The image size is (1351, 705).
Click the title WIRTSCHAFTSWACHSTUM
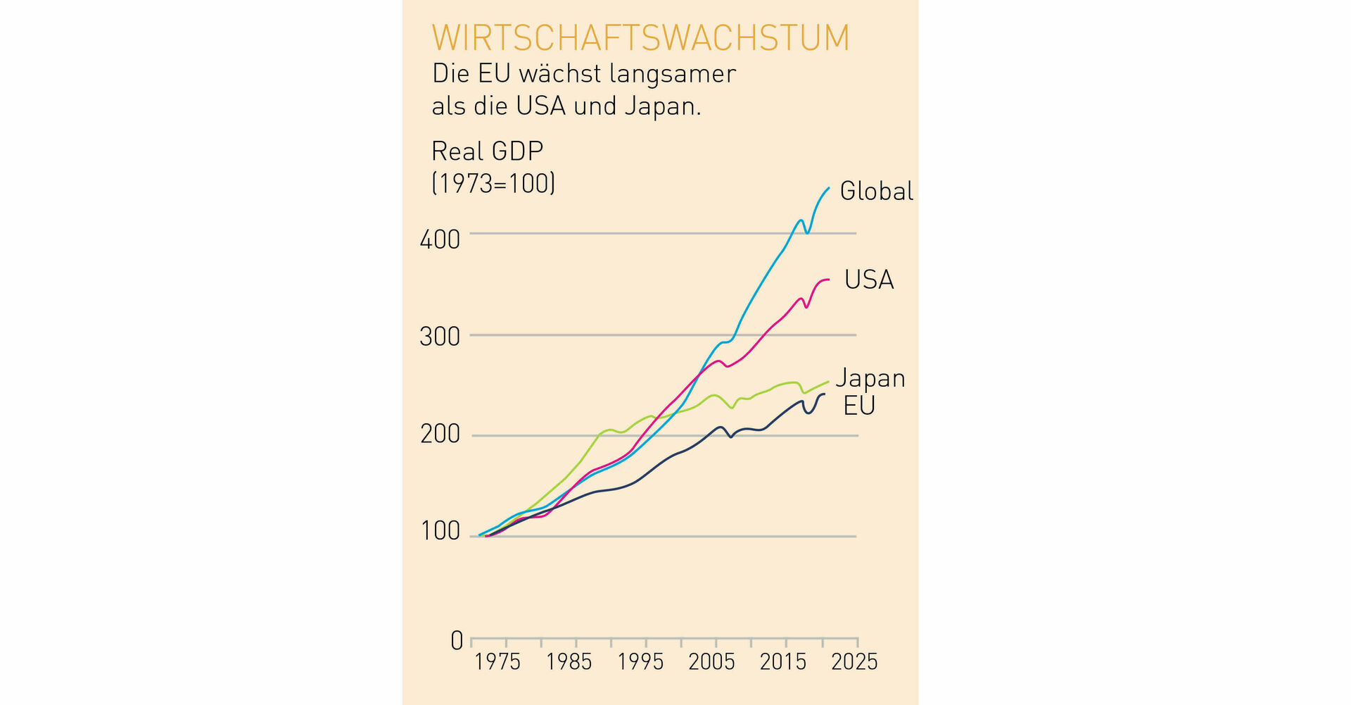tap(640, 38)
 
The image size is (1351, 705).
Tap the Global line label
tap(876, 192)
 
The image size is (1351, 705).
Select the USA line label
tap(868, 280)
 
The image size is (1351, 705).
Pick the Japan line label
tap(870, 379)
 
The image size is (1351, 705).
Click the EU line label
tap(858, 406)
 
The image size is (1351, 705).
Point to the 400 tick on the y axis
tap(440, 240)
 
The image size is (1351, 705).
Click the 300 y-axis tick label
tap(440, 337)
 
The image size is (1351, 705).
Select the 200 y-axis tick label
tap(440, 435)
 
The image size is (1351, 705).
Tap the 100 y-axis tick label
tap(440, 531)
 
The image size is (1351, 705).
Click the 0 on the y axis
tap(457, 641)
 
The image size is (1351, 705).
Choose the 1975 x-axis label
tap(497, 662)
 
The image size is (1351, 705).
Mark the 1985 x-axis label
tap(569, 662)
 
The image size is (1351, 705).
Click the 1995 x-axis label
tap(640, 662)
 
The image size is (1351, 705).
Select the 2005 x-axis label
tap(711, 662)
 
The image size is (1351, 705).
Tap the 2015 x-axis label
tap(783, 662)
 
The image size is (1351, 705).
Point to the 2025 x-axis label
tap(854, 662)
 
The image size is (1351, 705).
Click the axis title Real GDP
tap(487, 151)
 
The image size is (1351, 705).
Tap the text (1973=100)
tap(493, 184)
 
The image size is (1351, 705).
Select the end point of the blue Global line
tap(829, 188)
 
